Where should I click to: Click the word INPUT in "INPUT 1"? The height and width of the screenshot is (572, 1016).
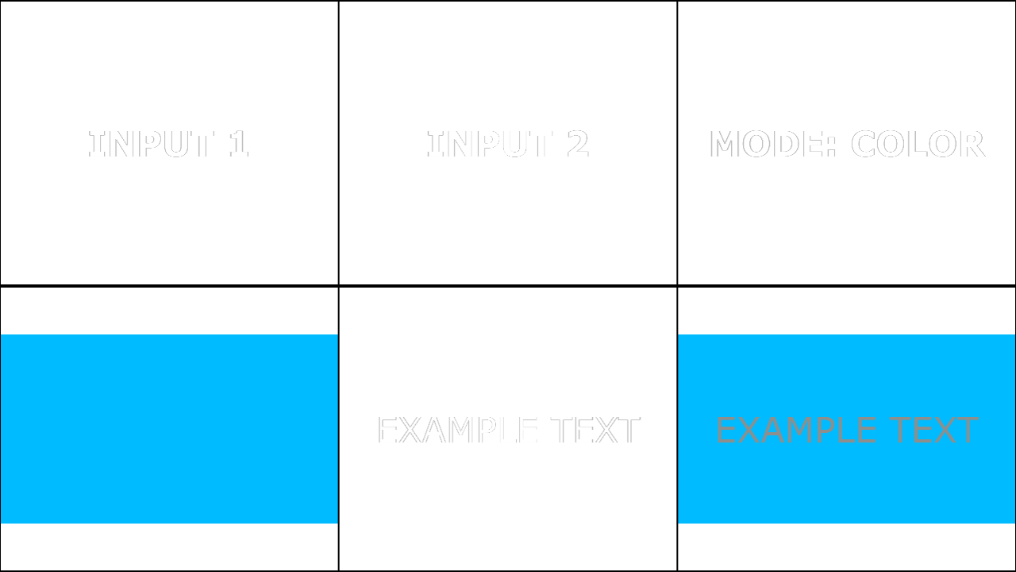pyautogui.click(x=151, y=144)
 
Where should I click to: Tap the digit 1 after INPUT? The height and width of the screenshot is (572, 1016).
pyautogui.click(x=239, y=144)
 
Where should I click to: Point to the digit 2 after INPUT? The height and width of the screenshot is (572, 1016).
pyautogui.click(x=578, y=144)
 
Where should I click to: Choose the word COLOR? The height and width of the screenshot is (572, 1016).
pyautogui.click(x=918, y=144)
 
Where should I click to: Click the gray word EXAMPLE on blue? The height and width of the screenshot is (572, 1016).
pyautogui.click(x=796, y=430)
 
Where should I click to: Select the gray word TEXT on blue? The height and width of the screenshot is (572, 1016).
pyautogui.click(x=933, y=430)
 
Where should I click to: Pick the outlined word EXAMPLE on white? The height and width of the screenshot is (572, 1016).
pyautogui.click(x=458, y=430)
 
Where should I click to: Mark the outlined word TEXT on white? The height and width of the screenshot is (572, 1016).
pyautogui.click(x=595, y=430)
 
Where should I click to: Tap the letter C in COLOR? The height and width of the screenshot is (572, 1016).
pyautogui.click(x=863, y=144)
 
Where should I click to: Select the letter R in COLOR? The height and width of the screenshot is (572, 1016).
pyautogui.click(x=973, y=144)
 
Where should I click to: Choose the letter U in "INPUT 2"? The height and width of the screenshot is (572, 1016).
pyautogui.click(x=515, y=145)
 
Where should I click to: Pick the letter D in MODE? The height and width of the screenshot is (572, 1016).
pyautogui.click(x=787, y=144)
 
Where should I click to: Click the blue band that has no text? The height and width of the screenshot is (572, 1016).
pyautogui.click(x=169, y=429)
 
